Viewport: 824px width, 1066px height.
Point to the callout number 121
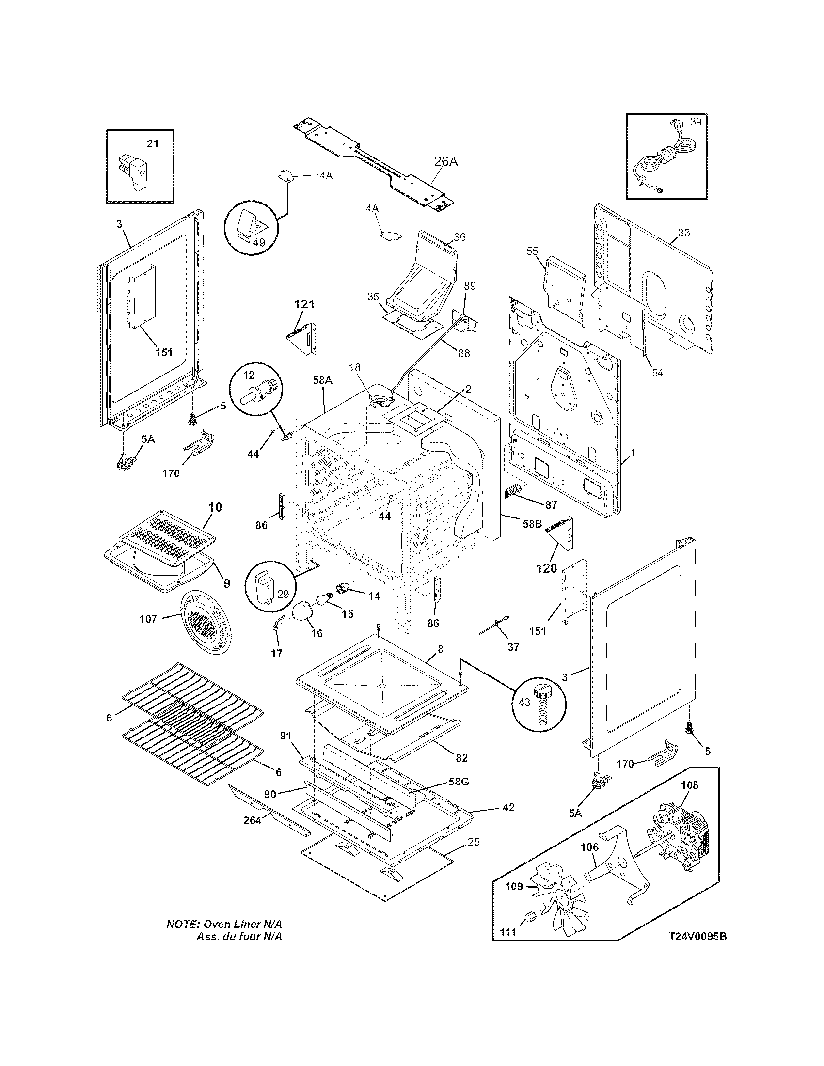coord(303,304)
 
